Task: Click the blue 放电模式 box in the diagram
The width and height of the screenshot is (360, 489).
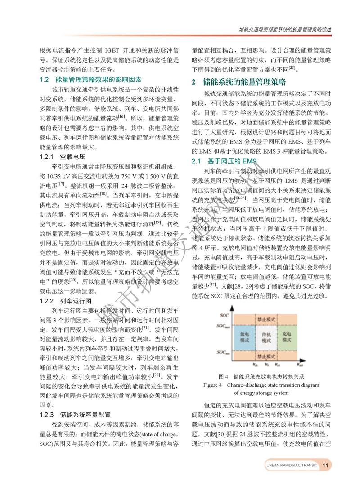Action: (x=245, y=337)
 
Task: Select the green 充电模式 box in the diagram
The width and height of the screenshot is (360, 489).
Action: (x=286, y=337)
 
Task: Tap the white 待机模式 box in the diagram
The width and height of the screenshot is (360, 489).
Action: (x=266, y=337)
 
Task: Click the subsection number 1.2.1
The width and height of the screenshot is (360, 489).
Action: (x=47, y=157)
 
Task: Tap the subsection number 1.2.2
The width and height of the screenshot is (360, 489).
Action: (x=47, y=300)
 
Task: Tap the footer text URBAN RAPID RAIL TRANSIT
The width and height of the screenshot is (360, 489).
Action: (x=291, y=465)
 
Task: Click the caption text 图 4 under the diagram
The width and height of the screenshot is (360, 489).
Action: (x=224, y=376)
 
